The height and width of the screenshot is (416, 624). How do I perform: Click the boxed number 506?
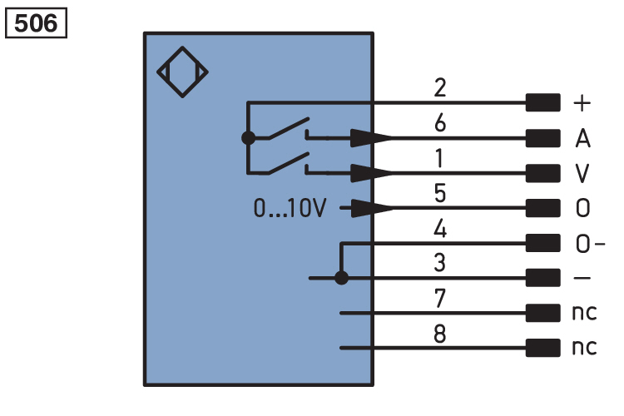[36, 23]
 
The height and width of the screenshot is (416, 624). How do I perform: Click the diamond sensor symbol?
[182, 72]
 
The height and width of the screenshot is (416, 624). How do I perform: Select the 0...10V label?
[290, 208]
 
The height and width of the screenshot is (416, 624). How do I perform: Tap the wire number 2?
[440, 87]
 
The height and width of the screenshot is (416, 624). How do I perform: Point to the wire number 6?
[440, 122]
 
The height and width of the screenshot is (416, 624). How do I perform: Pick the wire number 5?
[440, 194]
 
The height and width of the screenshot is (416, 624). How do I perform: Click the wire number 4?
[440, 228]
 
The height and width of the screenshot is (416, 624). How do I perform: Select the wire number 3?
[440, 263]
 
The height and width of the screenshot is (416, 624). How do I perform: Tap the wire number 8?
[440, 334]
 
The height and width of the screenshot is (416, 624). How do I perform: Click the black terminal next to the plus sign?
[542, 102]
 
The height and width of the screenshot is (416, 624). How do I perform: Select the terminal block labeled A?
[542, 138]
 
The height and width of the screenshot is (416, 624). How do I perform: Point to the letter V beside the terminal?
[582, 173]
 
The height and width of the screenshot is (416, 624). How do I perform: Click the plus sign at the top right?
[582, 103]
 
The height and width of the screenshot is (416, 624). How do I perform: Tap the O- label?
[590, 243]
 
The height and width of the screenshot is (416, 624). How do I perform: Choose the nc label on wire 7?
[584, 313]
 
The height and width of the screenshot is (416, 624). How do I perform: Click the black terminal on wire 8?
[542, 348]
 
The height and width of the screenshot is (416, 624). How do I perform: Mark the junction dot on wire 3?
[341, 278]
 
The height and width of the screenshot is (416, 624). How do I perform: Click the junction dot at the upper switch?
[248, 138]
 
